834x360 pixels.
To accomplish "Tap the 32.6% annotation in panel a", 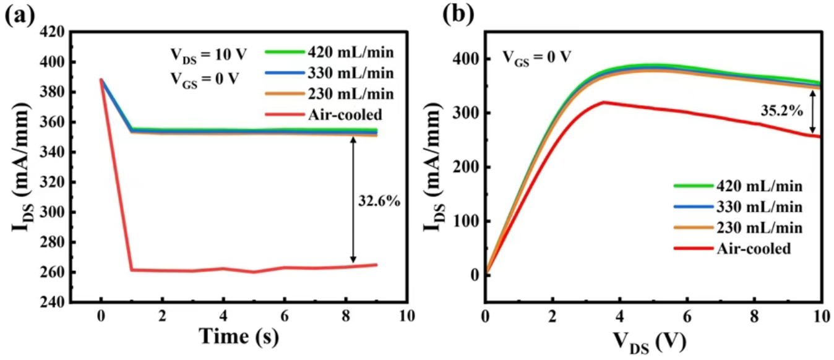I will [378, 200].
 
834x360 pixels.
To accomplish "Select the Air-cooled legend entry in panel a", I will [343, 114].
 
